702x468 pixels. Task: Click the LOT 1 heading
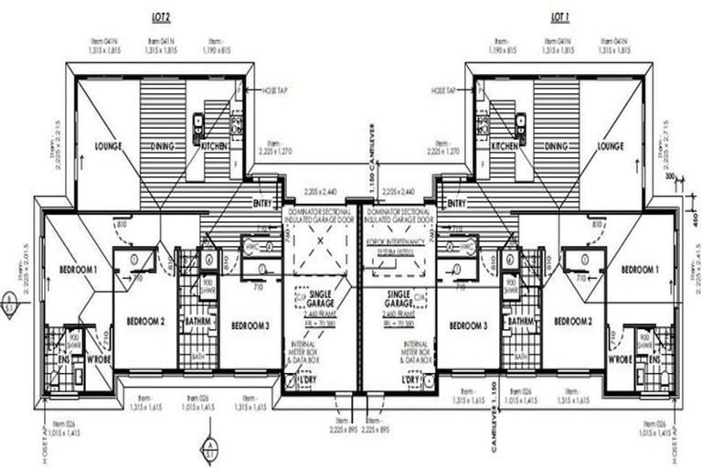(560, 17)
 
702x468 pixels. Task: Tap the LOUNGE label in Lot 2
(109, 145)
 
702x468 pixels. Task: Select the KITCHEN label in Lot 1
(505, 145)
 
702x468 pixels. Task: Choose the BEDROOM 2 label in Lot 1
(573, 322)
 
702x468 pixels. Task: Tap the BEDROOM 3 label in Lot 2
(249, 325)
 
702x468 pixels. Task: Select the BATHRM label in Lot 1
(522, 322)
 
